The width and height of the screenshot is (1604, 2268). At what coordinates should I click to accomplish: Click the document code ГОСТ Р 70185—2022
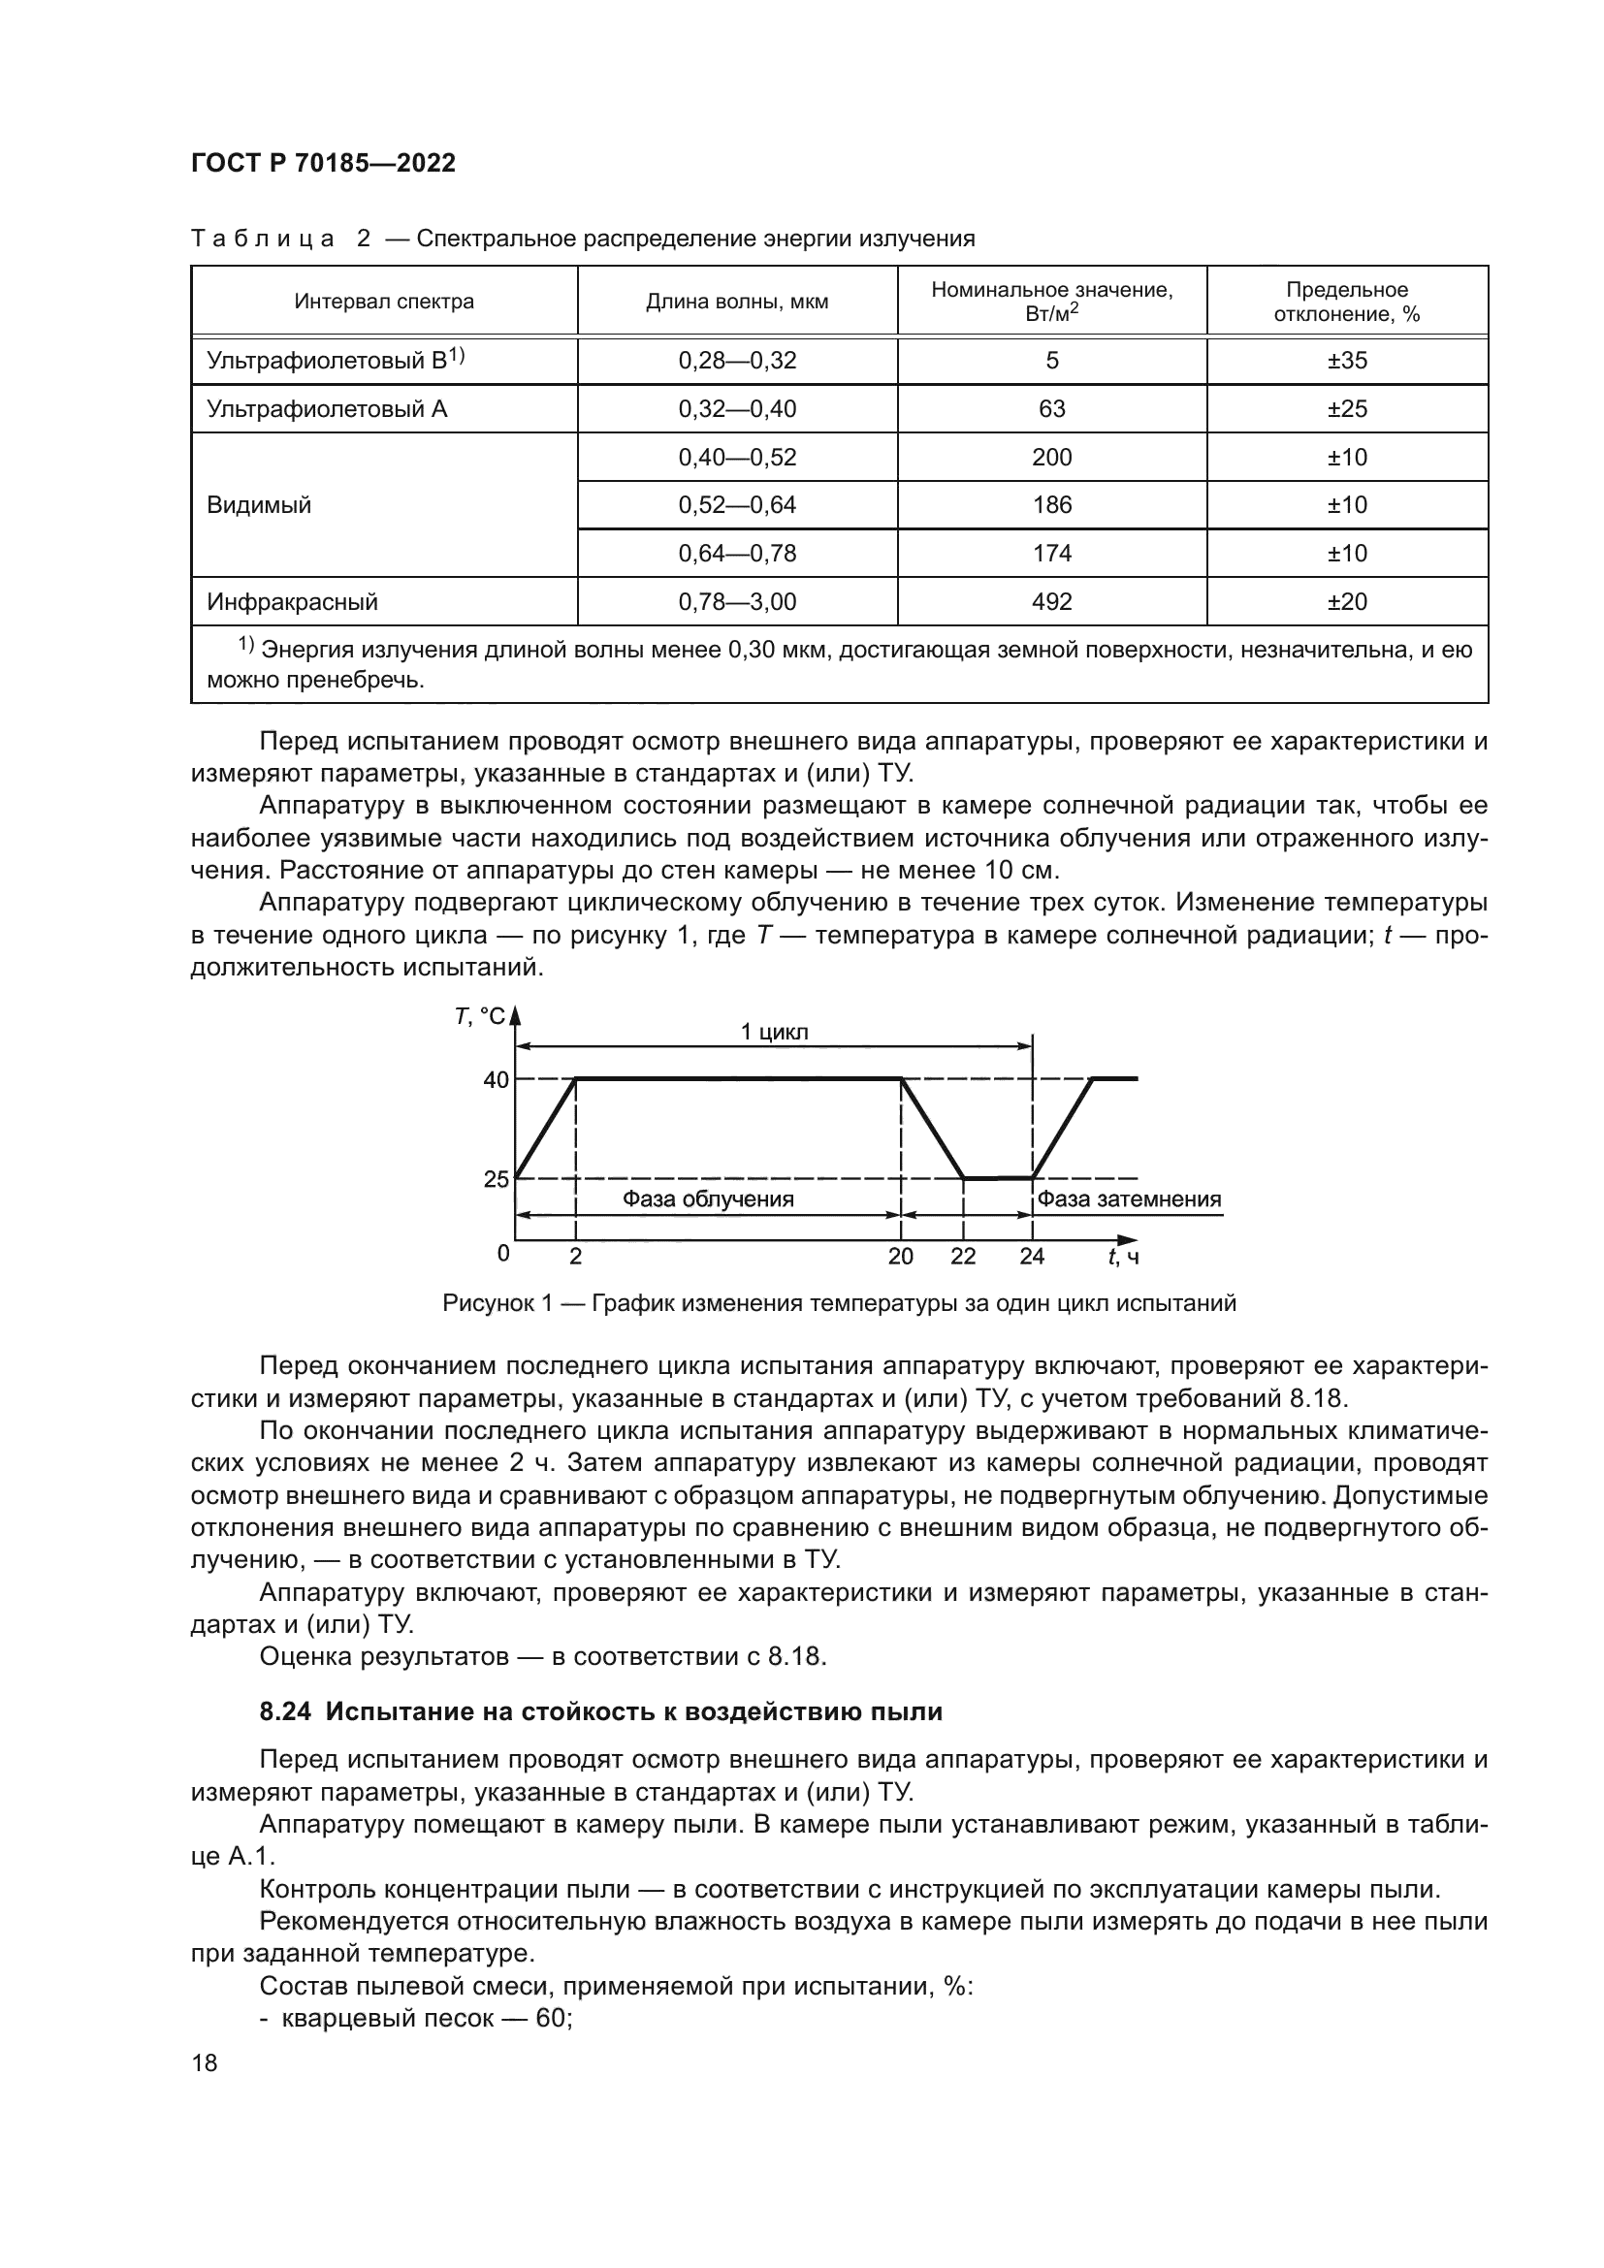pos(323,164)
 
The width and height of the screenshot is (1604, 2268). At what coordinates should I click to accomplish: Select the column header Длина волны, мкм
pos(737,302)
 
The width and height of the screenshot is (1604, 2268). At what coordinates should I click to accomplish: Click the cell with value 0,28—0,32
pos(737,361)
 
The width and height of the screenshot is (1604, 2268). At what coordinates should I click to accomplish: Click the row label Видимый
pos(259,505)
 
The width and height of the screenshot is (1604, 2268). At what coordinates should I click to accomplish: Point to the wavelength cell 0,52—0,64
pos(737,505)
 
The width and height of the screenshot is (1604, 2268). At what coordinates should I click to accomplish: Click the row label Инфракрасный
pos(292,601)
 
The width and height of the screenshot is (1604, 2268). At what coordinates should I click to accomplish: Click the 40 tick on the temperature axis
pos(496,1079)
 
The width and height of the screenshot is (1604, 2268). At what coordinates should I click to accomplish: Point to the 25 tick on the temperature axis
pos(496,1178)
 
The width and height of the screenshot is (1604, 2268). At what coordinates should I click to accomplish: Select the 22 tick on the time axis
pos(963,1257)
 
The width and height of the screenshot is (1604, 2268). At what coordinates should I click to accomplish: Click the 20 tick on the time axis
pos(901,1257)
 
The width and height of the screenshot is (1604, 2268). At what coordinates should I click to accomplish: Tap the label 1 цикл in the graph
pos(774,1033)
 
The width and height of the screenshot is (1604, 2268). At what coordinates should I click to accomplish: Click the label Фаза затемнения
pos(1129,1199)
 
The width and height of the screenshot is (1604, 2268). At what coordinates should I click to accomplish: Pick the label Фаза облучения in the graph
pos(707,1199)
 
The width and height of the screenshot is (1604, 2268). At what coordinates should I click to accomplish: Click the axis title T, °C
pos(479,1016)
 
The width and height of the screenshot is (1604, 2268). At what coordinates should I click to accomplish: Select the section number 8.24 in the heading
pos(285,1710)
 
